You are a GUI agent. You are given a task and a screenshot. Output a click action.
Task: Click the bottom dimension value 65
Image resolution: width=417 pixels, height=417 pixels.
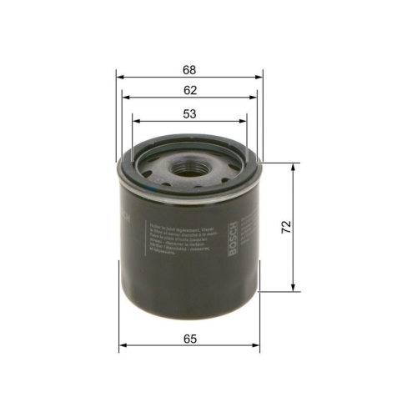click(189, 337)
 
